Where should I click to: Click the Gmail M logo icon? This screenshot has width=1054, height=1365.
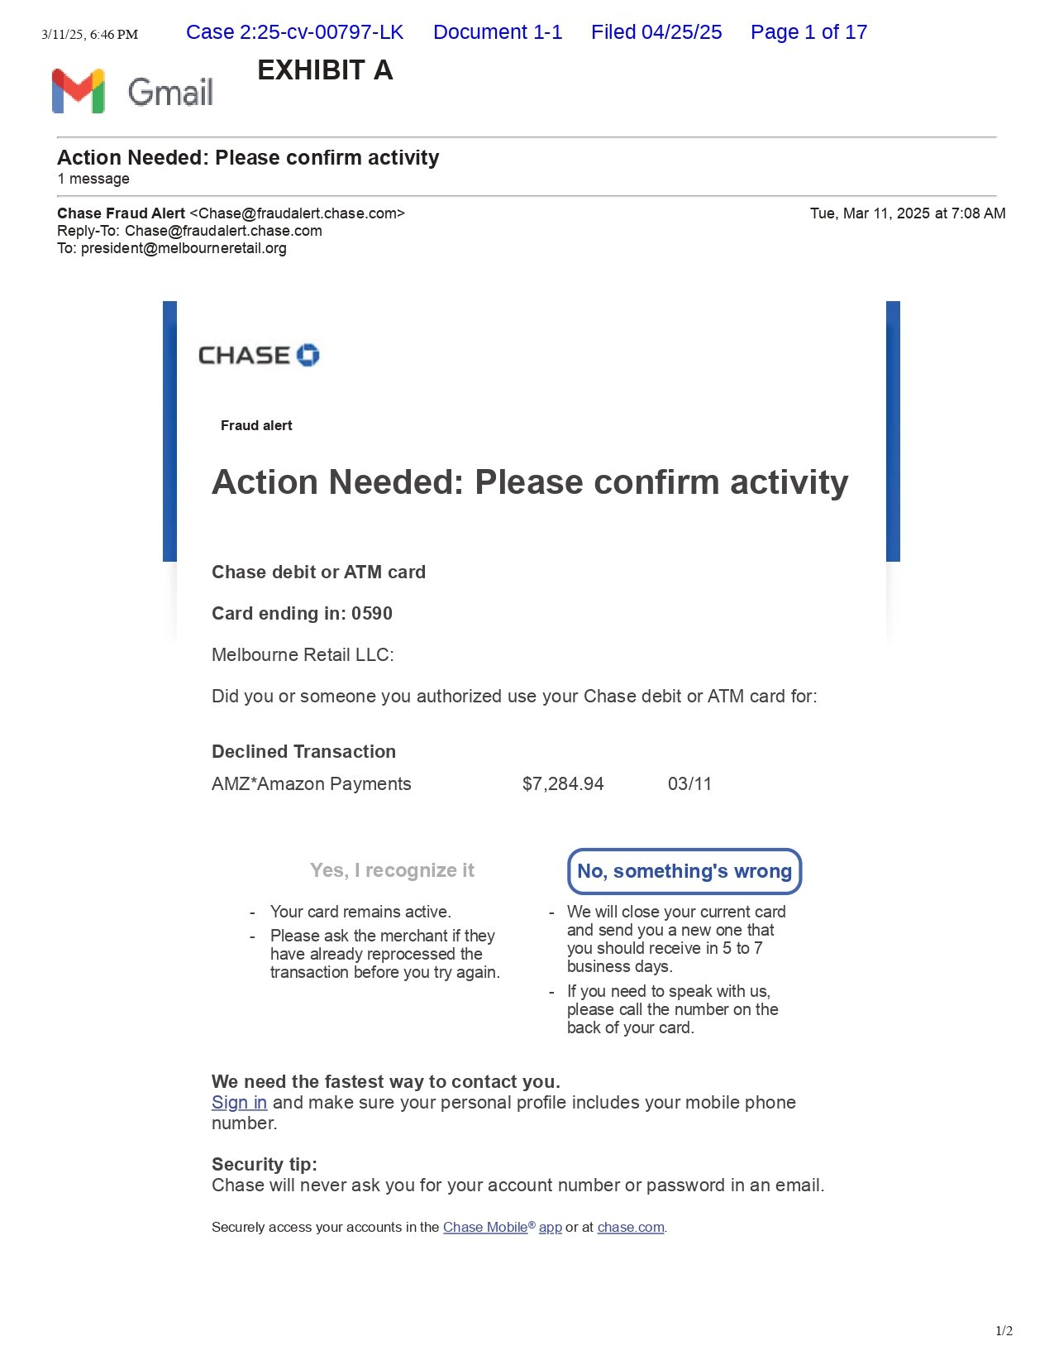coord(78,91)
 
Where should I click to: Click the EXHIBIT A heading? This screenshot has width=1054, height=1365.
coord(325,70)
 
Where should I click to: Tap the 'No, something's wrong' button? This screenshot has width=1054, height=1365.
coord(684,871)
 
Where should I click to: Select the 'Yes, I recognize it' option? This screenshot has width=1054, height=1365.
coord(392,870)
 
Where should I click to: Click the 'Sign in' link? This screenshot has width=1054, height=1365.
coord(239,1103)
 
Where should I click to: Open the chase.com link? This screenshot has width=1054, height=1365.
coord(631,1228)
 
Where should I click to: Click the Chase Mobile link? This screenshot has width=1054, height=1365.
coord(485,1228)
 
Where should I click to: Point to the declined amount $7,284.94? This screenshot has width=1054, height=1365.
coord(563,784)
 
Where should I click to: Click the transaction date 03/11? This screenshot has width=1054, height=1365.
coord(689,784)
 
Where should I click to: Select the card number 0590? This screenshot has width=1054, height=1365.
coord(372,614)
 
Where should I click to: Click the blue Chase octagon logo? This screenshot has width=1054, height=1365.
coord(308,355)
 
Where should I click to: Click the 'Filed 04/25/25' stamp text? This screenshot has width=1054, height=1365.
coord(656,32)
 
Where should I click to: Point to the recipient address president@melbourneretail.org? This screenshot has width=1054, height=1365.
coord(184,248)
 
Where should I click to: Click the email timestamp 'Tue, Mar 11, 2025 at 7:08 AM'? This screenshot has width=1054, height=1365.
coord(908,213)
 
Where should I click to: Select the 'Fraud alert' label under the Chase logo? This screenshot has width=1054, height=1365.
coord(256,426)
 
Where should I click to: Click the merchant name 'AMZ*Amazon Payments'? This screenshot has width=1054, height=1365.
coord(311,784)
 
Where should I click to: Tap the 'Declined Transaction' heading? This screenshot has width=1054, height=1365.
coord(303,752)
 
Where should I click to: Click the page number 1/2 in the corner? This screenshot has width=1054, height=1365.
coord(1004,1331)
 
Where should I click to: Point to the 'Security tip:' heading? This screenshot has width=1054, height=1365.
coord(265,1165)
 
